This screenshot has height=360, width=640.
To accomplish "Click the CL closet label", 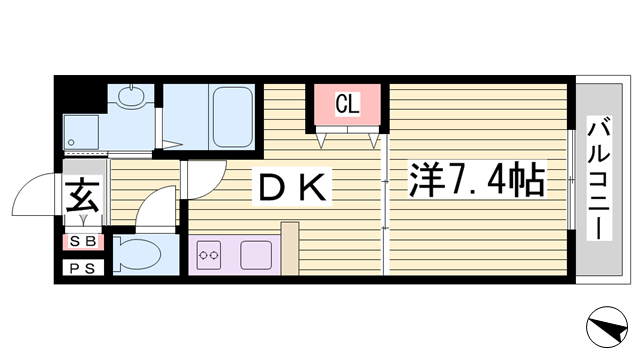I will [x=347, y=102].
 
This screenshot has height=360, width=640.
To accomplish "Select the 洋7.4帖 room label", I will [x=476, y=182].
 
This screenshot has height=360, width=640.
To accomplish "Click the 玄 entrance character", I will [x=81, y=194].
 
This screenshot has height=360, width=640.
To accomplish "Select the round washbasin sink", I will [x=130, y=97].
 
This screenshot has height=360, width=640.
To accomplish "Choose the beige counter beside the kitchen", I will [x=290, y=249].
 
